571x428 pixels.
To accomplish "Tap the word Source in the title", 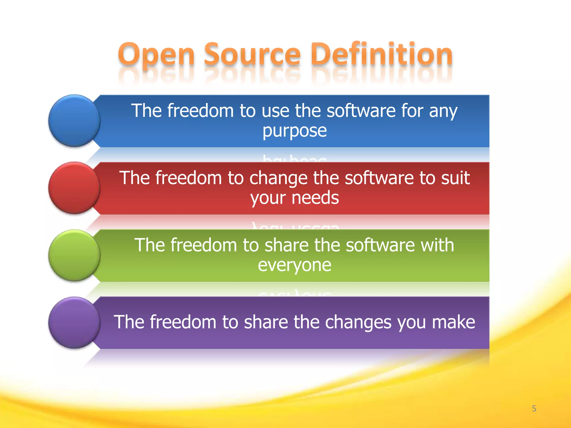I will pos(252,54).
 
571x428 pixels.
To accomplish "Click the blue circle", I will pos(74,121).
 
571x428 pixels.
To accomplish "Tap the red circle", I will pos(74,188).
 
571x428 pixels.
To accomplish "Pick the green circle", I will pos(74,255).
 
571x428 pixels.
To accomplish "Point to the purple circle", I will pos(74,322).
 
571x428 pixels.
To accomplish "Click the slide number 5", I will pos(534,408).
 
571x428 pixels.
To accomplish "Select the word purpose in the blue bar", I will pos(294,131).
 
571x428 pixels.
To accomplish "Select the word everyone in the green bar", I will pos(294,265).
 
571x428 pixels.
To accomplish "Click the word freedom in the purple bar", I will pos(183,322).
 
